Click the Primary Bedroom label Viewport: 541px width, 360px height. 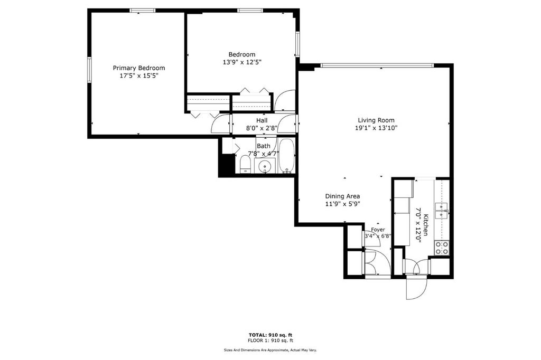(x=139, y=68)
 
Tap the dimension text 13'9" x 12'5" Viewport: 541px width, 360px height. (x=242, y=62)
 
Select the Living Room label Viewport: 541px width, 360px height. (x=376, y=120)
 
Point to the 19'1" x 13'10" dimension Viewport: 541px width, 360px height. (x=376, y=128)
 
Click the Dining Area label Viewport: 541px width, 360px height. (x=342, y=196)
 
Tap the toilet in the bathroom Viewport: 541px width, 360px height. (x=245, y=164)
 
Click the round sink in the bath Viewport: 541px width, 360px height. (x=265, y=166)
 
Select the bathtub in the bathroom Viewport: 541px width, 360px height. (x=286, y=156)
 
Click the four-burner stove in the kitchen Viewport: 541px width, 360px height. (x=442, y=248)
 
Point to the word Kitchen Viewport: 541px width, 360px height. (x=426, y=225)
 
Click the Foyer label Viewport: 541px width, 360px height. (x=378, y=230)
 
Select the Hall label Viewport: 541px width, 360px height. (x=262, y=121)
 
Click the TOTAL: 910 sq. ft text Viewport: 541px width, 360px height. (x=270, y=335)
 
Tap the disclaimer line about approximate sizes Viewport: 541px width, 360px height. (x=270, y=350)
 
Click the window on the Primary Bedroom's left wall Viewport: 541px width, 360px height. (x=89, y=70)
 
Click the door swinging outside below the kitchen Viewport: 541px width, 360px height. (x=417, y=287)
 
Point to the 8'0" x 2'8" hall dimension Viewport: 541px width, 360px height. (x=262, y=128)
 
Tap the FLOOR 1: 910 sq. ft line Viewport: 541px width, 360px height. (x=270, y=340)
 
